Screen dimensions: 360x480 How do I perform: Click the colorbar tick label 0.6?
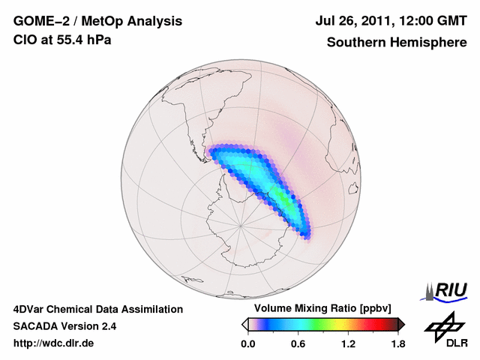pyautogui.click(x=298, y=343)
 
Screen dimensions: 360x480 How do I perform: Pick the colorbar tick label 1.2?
pyautogui.click(x=348, y=343)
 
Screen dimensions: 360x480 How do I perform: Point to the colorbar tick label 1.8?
pyautogui.click(x=397, y=343)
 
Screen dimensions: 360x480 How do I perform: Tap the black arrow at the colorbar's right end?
pyautogui.click(x=401, y=324)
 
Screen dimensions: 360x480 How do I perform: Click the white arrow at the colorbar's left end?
pyautogui.click(x=244, y=324)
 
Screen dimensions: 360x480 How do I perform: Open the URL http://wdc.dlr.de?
pyautogui.click(x=54, y=343)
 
